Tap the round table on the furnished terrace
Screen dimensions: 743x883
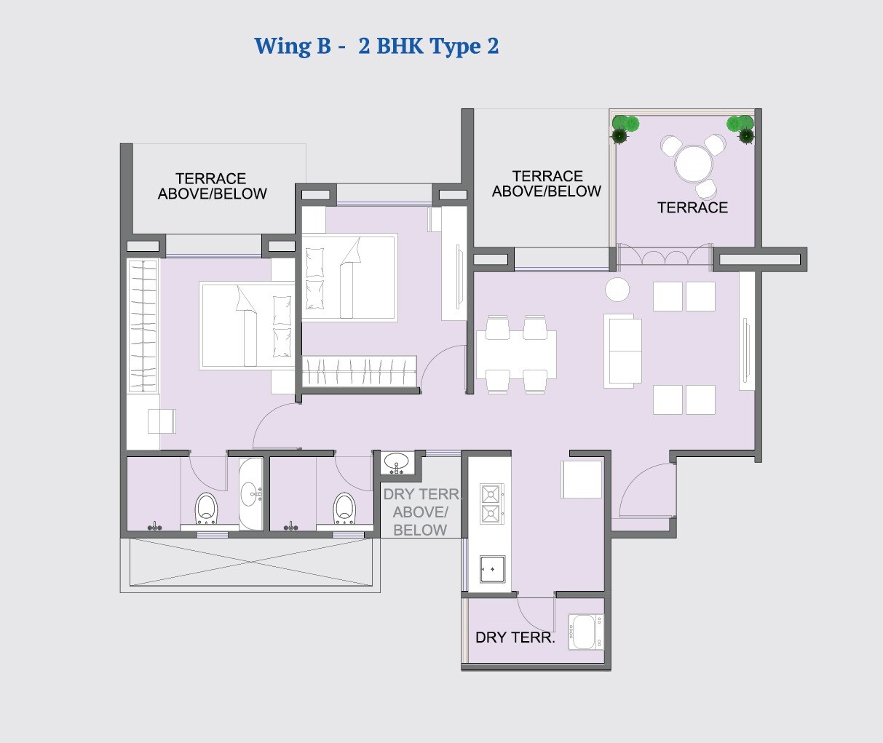(x=693, y=164)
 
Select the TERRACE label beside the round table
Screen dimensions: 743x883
(x=692, y=208)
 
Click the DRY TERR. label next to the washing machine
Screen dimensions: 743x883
(x=515, y=638)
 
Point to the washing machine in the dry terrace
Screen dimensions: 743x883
(x=585, y=631)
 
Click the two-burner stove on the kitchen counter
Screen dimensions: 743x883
(x=491, y=504)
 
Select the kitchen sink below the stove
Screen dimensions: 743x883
(x=492, y=568)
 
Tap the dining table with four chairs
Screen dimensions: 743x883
(x=516, y=354)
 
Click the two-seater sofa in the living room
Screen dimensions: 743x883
(x=622, y=350)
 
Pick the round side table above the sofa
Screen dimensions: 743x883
(x=617, y=290)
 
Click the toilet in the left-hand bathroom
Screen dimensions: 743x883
(x=206, y=508)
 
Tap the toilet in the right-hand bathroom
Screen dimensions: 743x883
(x=344, y=508)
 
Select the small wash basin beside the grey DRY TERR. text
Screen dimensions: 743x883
(x=397, y=463)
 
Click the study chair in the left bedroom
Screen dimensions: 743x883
(x=162, y=421)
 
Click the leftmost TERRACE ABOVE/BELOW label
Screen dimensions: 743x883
(x=212, y=186)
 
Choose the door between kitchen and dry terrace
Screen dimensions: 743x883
(x=535, y=613)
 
